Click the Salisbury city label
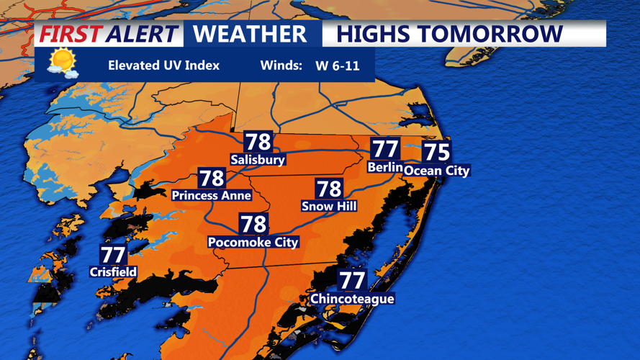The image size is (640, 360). click(x=258, y=160)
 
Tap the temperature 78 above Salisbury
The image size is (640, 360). click(x=258, y=142)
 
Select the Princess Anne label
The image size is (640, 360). click(x=211, y=195)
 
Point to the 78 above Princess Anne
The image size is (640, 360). click(x=212, y=178)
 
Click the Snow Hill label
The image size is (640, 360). click(x=329, y=207)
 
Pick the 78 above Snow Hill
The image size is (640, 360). click(x=329, y=189)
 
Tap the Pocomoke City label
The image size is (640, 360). click(x=253, y=243)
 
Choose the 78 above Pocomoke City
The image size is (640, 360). click(x=253, y=224)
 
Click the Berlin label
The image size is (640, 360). click(x=384, y=167)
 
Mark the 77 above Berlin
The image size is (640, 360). click(x=385, y=149)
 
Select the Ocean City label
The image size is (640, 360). click(x=436, y=171)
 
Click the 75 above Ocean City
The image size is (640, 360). click(x=436, y=152)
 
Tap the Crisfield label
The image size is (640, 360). click(x=113, y=272)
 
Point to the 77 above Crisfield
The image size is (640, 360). click(x=113, y=255)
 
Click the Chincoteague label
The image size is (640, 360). click(x=352, y=299)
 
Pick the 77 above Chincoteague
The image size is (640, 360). click(x=352, y=280)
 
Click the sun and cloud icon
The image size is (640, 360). click(x=62, y=63)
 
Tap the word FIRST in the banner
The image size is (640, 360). click(x=70, y=34)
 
